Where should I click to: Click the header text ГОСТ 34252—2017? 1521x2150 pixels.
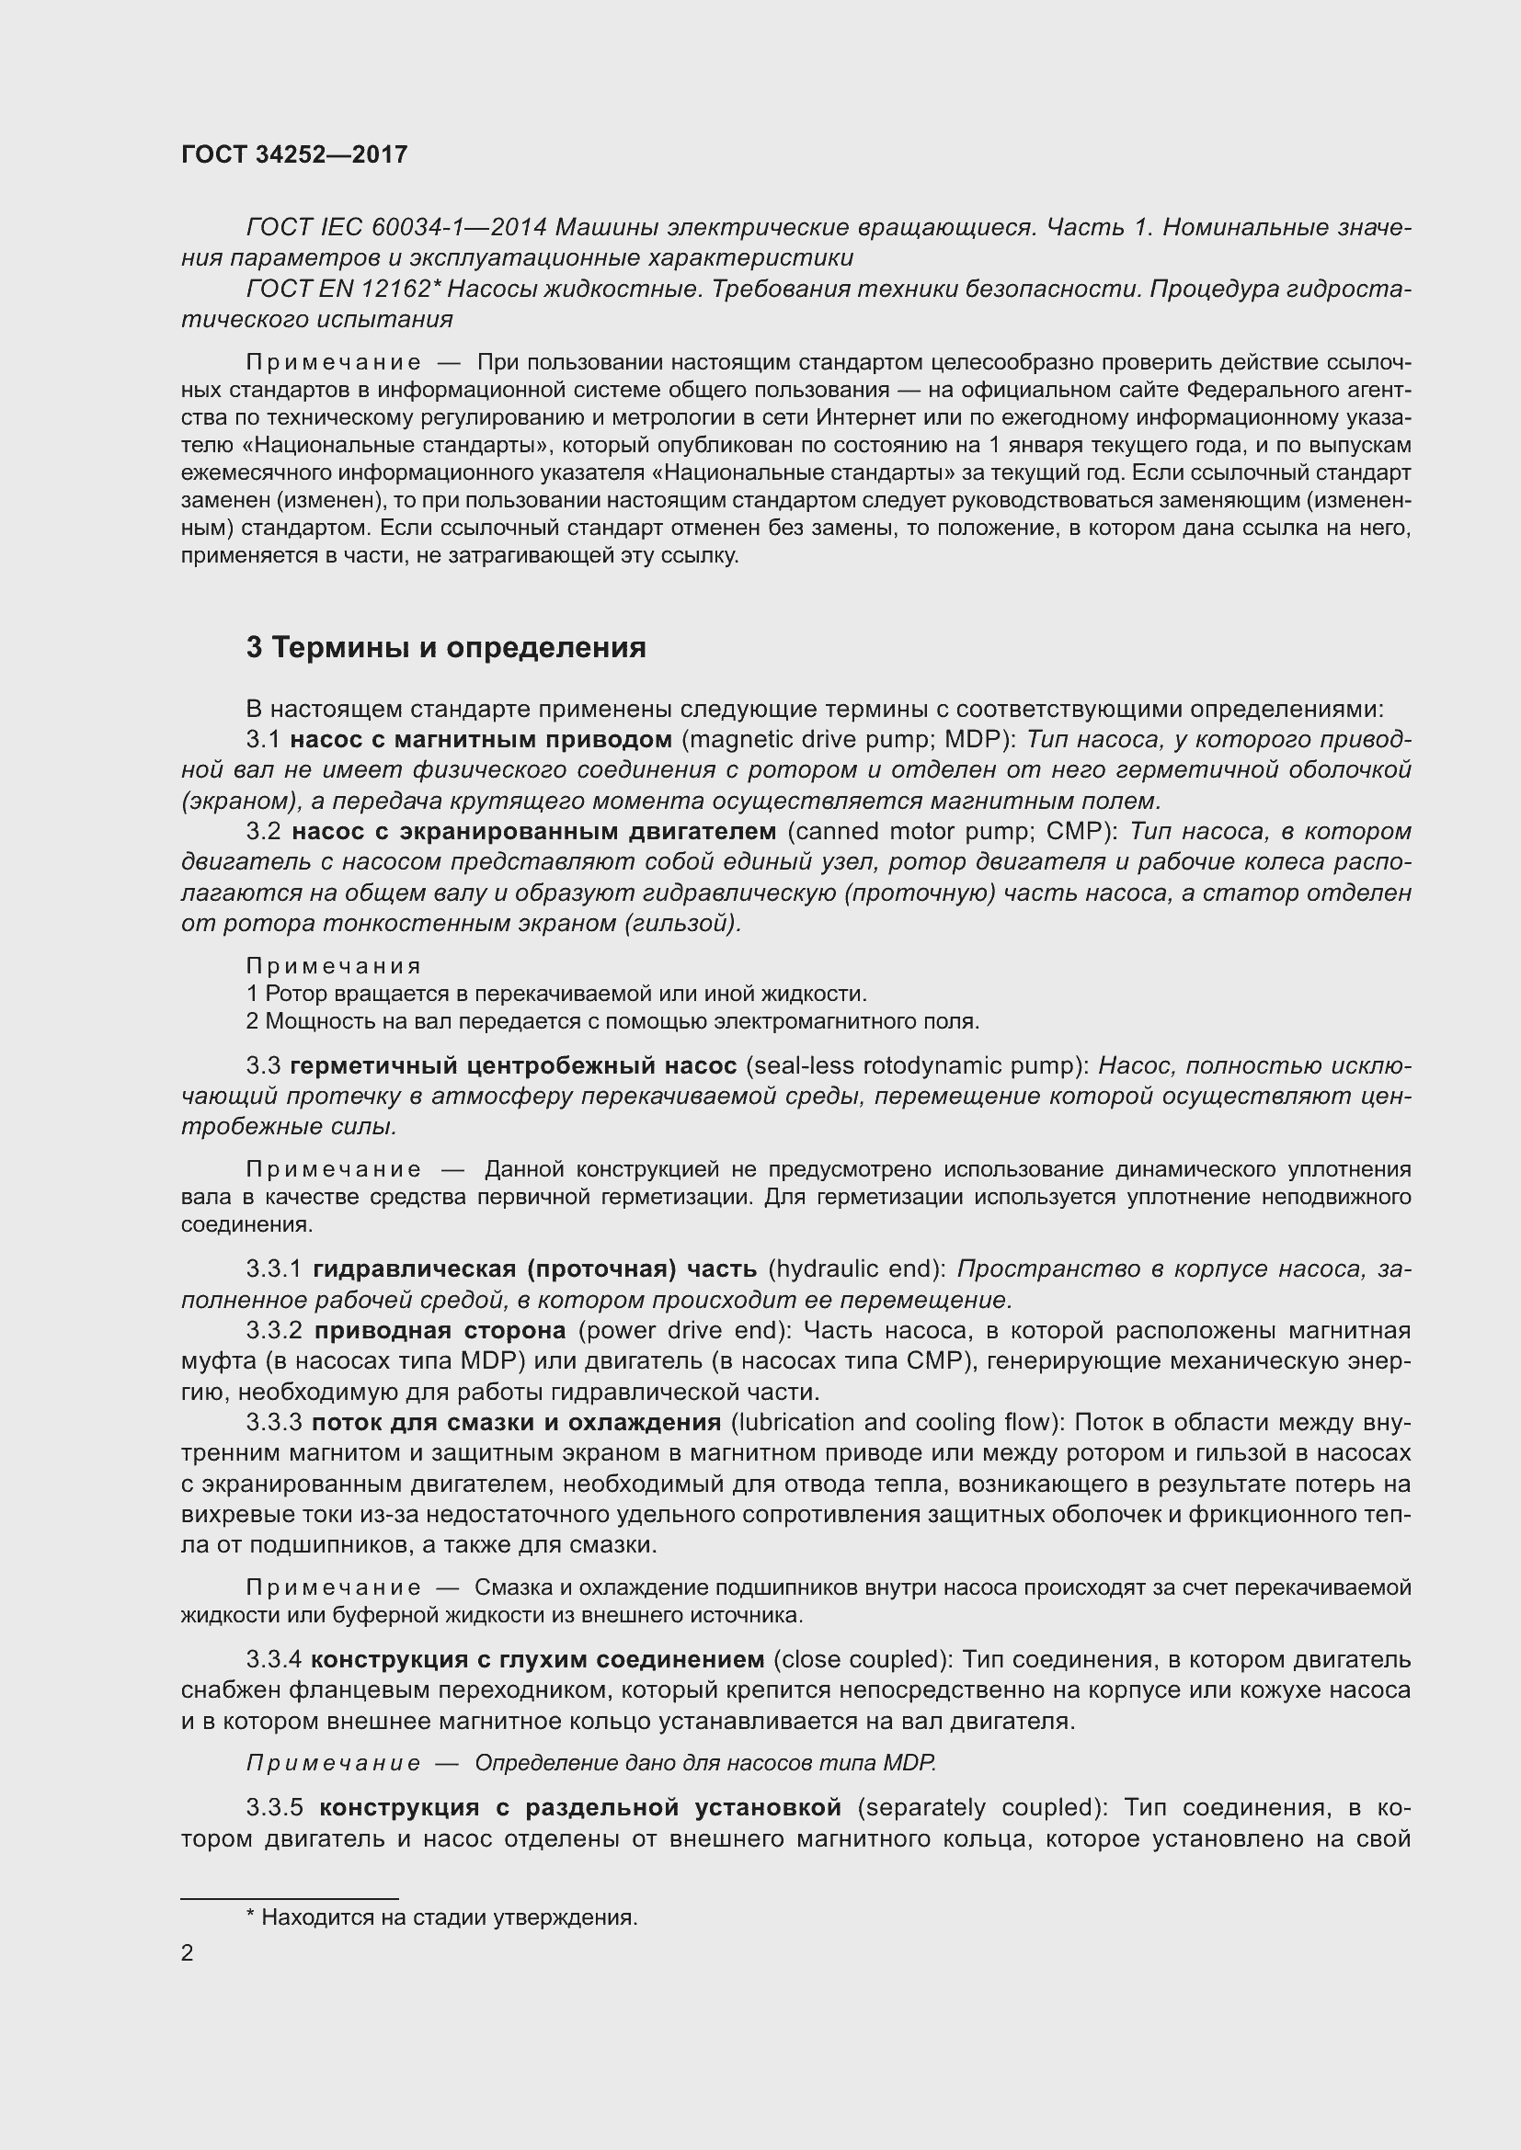[x=294, y=154]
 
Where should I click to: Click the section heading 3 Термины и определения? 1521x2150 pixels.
[x=446, y=647]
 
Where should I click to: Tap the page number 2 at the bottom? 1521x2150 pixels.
[x=188, y=1953]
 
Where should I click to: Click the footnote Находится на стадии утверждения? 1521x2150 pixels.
[x=441, y=1917]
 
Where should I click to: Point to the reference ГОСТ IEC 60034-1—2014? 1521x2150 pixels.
[x=399, y=228]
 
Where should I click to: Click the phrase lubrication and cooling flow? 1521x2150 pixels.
[x=897, y=1422]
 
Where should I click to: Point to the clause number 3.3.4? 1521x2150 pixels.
[x=273, y=1659]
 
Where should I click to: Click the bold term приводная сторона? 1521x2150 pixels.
[x=440, y=1331]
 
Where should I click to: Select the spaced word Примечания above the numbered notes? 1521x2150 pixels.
[x=334, y=965]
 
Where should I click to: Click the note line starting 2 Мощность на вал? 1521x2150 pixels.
[x=612, y=1020]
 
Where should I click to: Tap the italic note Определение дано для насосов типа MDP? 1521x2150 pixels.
[x=704, y=1763]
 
